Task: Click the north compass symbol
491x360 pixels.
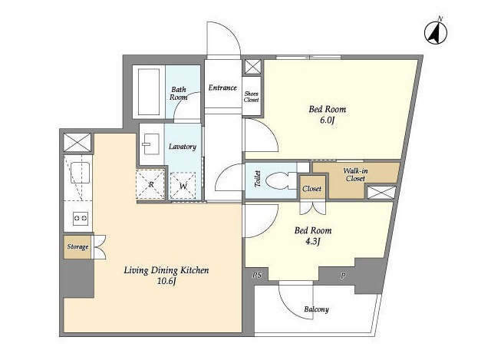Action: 436,32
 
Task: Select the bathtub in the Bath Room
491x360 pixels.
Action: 149,92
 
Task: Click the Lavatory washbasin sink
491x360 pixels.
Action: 151,144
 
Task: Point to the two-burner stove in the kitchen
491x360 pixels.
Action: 81,218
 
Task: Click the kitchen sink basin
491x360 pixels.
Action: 81,172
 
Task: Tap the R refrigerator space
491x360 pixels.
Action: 150,184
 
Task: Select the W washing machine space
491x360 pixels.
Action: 183,186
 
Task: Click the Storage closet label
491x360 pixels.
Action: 77,246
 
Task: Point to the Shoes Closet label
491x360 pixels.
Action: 251,97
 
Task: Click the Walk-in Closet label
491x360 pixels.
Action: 355,174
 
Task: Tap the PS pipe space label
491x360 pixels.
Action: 257,275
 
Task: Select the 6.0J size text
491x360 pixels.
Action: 328,121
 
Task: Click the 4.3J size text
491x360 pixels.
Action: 312,242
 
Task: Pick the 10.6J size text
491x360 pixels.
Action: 166,281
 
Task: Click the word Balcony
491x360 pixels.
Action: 317,309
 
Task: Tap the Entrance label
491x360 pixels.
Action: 222,88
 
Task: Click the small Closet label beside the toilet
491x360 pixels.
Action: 312,189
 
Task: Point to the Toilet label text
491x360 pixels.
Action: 258,179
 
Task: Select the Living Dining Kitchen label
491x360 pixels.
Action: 166,270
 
